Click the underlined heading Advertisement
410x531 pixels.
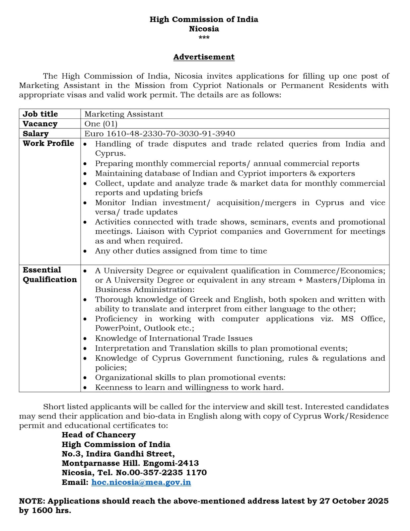click(x=204, y=57)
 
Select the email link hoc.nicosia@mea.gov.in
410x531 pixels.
click(x=141, y=482)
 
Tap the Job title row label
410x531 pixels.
click(x=40, y=114)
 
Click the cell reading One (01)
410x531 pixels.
click(x=101, y=124)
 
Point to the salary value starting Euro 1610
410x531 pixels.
click(x=160, y=133)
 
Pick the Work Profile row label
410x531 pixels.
click(x=48, y=143)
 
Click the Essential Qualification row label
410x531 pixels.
click(x=49, y=274)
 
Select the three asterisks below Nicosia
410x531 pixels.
click(x=204, y=38)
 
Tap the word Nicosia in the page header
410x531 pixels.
click(x=204, y=29)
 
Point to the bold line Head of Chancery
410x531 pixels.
click(x=99, y=435)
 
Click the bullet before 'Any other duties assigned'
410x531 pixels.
click(x=85, y=251)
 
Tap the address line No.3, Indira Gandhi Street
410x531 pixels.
click(x=118, y=454)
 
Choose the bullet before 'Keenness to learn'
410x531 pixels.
click(x=85, y=388)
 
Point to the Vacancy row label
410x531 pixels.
click(x=40, y=124)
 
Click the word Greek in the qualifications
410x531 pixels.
click(x=201, y=299)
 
